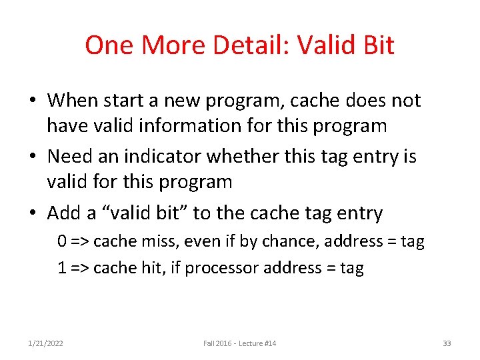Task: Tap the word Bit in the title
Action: [377, 45]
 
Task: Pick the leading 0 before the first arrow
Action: [61, 241]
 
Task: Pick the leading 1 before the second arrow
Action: [61, 268]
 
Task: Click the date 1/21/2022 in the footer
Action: [46, 343]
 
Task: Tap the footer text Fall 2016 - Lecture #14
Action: [240, 343]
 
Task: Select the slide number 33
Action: [447, 343]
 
